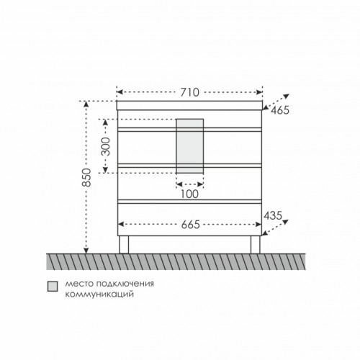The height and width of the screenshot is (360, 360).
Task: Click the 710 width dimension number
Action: coord(189,92)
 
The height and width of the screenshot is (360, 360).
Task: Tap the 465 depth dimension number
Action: coord(280,110)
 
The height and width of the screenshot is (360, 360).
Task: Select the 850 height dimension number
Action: coord(86,178)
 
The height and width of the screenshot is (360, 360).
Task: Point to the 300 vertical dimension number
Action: coord(105,146)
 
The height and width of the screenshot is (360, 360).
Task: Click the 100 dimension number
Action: coord(189,194)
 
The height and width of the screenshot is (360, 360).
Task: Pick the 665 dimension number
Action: coord(191,225)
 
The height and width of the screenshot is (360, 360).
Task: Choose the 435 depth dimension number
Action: coord(273,215)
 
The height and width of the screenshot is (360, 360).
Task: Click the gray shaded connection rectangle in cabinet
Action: coord(190,146)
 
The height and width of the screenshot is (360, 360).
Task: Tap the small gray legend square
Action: coord(53,287)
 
